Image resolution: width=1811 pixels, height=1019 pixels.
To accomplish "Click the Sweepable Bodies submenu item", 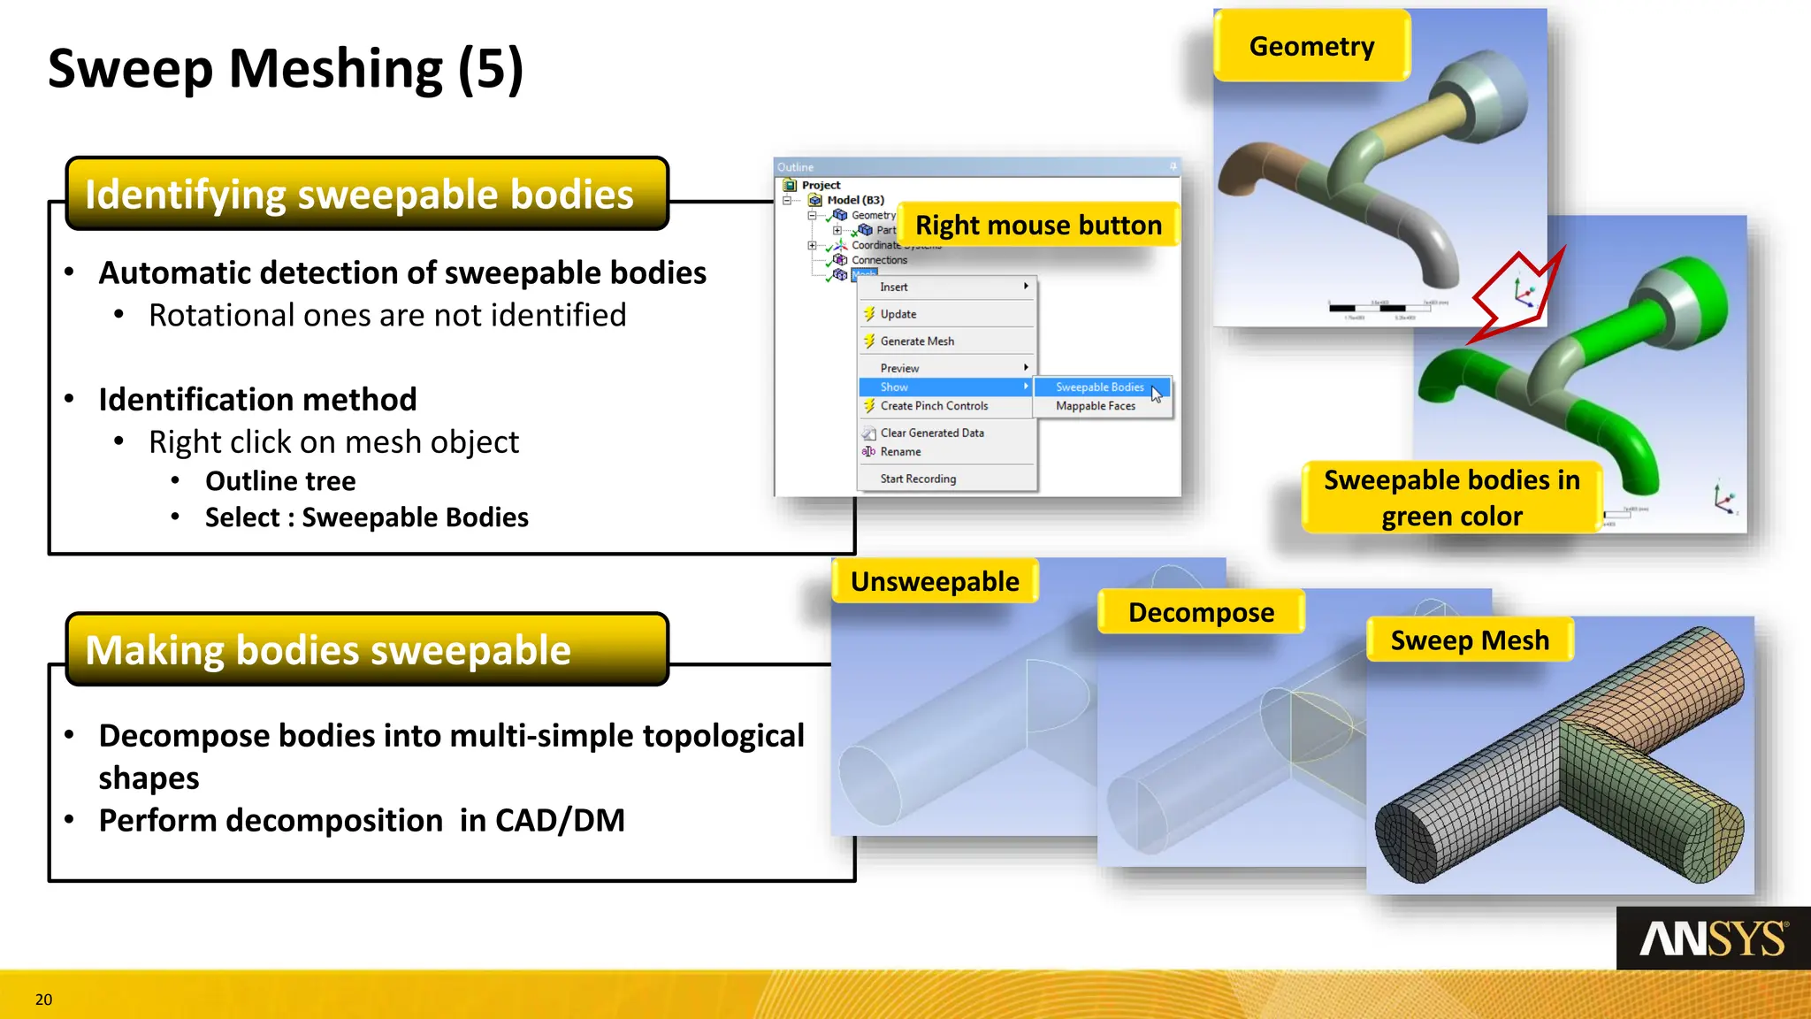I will pos(1099,387).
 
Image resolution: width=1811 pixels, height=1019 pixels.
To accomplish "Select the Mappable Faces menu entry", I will pos(1095,406).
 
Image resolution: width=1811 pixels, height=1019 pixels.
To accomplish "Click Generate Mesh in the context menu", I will pos(917,341).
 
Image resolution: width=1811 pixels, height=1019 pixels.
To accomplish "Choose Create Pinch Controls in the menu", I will pos(934,406).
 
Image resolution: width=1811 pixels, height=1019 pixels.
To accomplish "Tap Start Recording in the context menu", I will pos(918,479).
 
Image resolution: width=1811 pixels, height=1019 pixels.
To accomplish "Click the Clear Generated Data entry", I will pos(932,433).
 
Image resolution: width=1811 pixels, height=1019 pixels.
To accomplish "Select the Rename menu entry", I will pos(900,452).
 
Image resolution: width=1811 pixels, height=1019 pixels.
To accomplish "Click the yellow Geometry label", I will pos(1311,46).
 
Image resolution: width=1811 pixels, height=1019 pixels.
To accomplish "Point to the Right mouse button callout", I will pos(1038,225).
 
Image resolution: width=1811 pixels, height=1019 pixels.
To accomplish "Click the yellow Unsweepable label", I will pos(935,581).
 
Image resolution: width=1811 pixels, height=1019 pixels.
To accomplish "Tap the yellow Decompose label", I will pos(1201,612).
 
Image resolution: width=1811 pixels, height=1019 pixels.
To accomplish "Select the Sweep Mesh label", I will pos(1469,640).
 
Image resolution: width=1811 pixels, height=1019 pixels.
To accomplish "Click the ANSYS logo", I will pos(1713,939).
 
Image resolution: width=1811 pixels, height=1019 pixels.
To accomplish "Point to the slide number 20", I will pos(43,1000).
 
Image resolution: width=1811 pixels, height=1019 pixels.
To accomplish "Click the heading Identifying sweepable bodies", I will pos(359,195).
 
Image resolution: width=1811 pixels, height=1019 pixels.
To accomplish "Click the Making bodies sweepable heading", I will pos(328,650).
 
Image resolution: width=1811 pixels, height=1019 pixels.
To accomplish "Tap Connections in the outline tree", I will pos(879,260).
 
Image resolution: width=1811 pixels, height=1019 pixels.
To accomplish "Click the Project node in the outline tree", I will pos(821,185).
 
